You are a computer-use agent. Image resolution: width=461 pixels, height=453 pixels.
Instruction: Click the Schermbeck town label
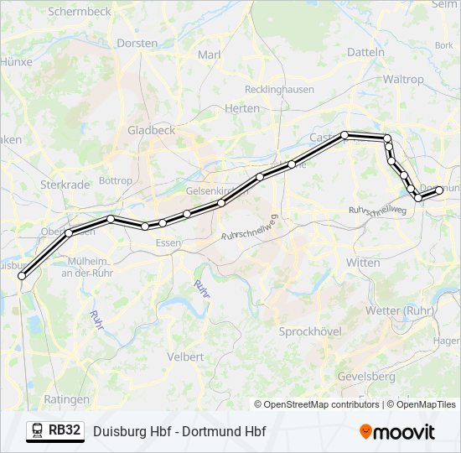(x=79, y=12)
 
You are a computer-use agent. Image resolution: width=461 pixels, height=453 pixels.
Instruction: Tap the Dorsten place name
(x=137, y=43)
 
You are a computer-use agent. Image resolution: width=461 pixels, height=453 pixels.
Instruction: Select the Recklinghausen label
(x=279, y=89)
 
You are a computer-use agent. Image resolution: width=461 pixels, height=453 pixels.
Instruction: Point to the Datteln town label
(x=365, y=52)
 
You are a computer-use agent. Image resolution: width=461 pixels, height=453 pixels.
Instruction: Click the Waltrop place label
(x=403, y=79)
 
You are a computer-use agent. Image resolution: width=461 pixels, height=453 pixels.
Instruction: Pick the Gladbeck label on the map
(x=151, y=130)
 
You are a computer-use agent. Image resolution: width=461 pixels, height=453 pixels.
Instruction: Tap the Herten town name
(x=242, y=108)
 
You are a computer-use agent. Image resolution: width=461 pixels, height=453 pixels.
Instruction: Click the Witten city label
(x=363, y=263)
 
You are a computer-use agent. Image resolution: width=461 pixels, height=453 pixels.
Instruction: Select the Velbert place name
(x=185, y=357)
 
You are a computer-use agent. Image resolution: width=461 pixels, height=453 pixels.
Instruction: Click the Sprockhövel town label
(x=310, y=331)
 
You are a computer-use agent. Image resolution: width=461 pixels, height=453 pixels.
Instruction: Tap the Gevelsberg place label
(x=366, y=377)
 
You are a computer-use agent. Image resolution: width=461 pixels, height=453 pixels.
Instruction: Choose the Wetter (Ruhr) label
(x=399, y=310)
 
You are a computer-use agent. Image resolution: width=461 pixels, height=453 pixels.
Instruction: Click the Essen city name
(x=168, y=243)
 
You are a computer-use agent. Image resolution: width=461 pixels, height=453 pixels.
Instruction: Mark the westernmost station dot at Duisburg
(x=22, y=275)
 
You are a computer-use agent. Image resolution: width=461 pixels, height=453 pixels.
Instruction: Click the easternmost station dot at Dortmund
(x=439, y=190)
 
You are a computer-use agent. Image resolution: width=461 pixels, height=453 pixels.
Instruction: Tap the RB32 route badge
(x=55, y=431)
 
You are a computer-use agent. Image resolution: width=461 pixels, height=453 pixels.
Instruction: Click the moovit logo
(x=397, y=431)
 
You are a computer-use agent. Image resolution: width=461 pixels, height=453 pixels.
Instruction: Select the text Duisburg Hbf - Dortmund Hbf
(x=179, y=432)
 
